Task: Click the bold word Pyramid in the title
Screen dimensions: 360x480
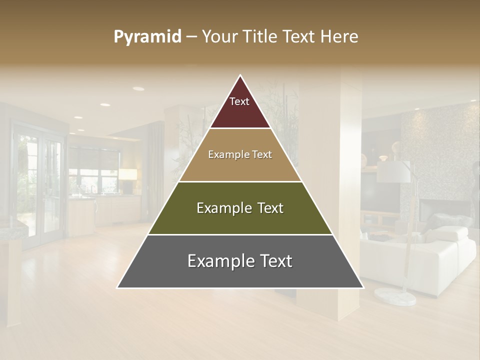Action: click(147, 37)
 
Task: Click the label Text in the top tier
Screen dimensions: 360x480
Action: click(239, 101)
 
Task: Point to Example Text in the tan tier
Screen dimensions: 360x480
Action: click(240, 154)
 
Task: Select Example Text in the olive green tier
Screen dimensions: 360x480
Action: click(240, 208)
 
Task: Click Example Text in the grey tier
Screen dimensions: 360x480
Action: click(240, 261)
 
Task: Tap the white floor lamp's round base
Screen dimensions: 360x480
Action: click(395, 295)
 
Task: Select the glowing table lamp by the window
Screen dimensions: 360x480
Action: click(127, 175)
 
